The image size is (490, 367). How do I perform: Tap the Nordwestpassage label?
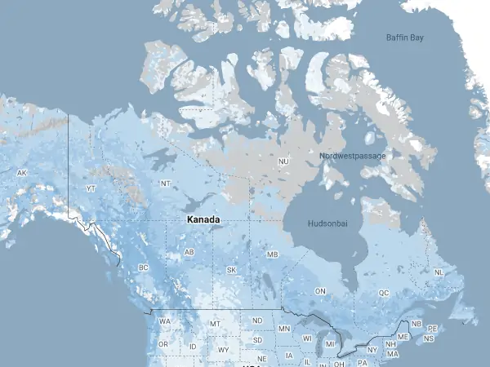(x=352, y=156)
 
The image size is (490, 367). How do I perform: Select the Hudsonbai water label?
(x=330, y=223)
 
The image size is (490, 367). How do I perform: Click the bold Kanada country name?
(x=203, y=220)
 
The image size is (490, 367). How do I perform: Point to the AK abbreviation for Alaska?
(x=22, y=173)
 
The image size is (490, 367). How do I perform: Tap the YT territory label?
(x=91, y=188)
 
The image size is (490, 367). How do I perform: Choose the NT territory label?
(x=166, y=183)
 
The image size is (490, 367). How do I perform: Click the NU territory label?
(x=284, y=161)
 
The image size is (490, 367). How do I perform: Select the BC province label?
(x=144, y=268)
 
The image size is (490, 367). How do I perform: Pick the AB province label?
(x=189, y=252)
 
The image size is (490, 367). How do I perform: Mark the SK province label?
(x=231, y=270)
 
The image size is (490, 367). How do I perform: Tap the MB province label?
(x=273, y=254)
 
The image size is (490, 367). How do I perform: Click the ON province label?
(x=321, y=291)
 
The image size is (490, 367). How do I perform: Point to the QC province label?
(x=384, y=293)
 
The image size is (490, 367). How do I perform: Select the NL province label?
(x=439, y=272)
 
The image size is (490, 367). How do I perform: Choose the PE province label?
(x=433, y=328)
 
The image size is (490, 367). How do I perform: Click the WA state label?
(x=165, y=321)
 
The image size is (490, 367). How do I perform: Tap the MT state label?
(x=216, y=324)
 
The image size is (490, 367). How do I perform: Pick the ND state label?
(x=257, y=321)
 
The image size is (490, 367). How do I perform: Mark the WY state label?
(x=224, y=350)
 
